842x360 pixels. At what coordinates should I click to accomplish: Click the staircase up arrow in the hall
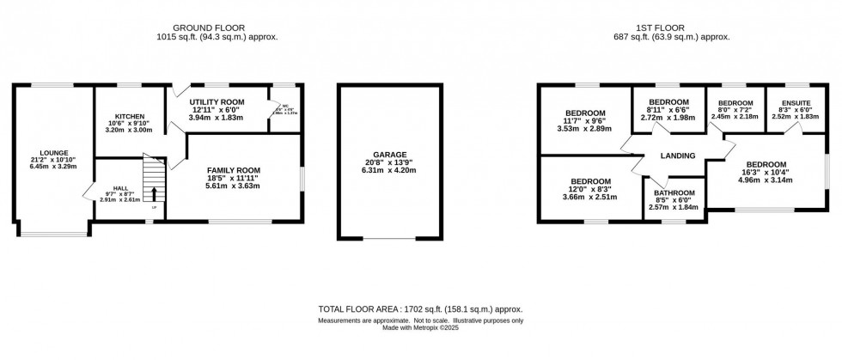tap(155, 192)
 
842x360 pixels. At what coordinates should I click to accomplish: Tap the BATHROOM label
tap(674, 193)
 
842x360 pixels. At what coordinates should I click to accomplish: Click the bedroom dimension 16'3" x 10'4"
tap(765, 173)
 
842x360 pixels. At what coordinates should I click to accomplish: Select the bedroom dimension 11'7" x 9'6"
tap(585, 121)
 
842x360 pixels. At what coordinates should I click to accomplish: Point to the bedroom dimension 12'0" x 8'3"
tap(592, 189)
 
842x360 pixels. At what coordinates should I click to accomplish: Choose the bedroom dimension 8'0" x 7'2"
tap(735, 110)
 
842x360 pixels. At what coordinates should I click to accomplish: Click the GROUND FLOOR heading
tap(217, 26)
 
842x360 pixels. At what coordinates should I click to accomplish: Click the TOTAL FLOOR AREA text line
tap(420, 308)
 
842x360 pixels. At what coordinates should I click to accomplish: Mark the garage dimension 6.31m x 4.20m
tap(390, 171)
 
